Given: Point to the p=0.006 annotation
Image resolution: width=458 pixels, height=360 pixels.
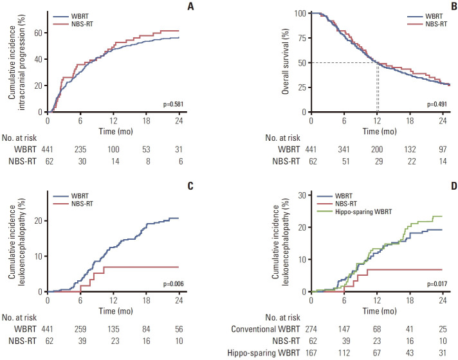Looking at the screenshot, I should coord(167,283).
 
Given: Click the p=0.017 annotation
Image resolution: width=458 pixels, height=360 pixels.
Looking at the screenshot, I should coord(437,283).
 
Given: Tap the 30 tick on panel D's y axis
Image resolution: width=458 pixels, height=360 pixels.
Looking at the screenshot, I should coord(301,192).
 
